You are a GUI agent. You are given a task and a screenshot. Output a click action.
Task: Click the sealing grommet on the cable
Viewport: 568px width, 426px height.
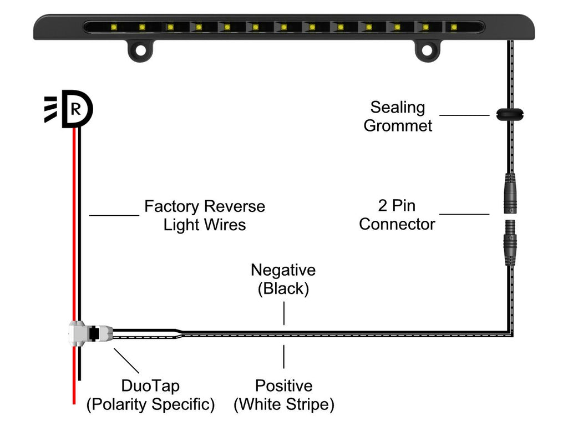click(510, 115)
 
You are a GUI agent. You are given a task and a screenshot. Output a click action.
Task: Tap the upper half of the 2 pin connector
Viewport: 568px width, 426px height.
click(510, 192)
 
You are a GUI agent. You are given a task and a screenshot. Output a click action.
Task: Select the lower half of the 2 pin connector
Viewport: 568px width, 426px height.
click(510, 242)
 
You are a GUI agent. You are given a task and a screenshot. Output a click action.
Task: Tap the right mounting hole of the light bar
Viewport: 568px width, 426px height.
click(427, 50)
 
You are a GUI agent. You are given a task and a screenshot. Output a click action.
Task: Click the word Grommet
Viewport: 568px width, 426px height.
click(397, 126)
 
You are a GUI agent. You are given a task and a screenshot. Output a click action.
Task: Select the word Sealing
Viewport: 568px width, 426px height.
click(397, 107)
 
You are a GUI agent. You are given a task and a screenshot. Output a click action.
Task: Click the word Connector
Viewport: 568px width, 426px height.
click(397, 225)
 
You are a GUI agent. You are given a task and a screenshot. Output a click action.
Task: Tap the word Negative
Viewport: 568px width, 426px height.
click(283, 270)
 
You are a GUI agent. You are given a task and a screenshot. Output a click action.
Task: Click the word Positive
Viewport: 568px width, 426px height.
click(283, 386)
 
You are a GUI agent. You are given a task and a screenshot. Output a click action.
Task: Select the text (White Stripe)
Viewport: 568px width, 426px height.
click(283, 405)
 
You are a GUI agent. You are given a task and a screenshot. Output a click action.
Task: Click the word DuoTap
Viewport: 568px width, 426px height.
click(150, 386)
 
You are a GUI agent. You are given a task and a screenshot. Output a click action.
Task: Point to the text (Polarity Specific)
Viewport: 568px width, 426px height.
click(150, 405)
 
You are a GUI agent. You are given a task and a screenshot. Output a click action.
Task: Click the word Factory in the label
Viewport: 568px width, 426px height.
click(170, 206)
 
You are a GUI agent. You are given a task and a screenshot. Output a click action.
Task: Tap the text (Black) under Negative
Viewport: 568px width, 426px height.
click(283, 289)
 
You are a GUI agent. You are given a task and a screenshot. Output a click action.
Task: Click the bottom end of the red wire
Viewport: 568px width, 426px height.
click(73, 400)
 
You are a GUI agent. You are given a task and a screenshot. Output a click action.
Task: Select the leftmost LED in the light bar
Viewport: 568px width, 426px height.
click(113, 26)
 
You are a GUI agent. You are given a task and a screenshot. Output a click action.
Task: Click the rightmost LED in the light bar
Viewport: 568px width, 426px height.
click(454, 26)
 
